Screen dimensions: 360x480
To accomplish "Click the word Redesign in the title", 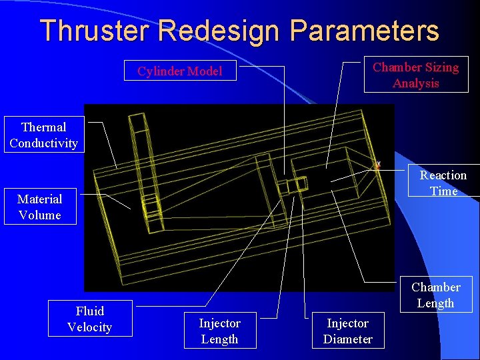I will [218, 31].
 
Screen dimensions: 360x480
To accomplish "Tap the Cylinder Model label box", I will [180, 71].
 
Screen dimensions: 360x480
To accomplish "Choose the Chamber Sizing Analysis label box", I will [415, 75].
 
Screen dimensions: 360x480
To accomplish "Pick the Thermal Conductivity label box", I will [43, 135].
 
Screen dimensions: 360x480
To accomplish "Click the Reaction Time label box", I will [443, 183].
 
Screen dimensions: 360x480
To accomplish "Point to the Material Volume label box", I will [39, 207].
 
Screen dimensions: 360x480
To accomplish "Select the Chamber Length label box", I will [436, 295].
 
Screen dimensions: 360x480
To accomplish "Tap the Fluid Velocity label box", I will [89, 319].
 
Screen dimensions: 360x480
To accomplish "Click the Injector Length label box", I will [219, 331].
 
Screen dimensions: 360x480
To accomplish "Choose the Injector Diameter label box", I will [347, 331].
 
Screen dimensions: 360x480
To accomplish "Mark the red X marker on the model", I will [378, 165].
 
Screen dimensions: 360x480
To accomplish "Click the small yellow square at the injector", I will [301, 183].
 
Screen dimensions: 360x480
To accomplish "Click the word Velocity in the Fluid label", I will [89, 327].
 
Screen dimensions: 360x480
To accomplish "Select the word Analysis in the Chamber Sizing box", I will [415, 83].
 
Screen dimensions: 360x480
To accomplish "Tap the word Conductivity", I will [43, 143].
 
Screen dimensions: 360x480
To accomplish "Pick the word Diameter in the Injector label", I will [347, 339].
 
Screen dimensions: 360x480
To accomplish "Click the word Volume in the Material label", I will [39, 215].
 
